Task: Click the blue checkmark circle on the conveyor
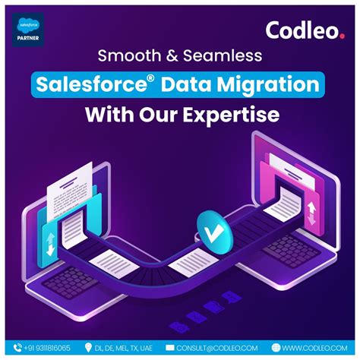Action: [x=207, y=228]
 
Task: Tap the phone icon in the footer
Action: [x=14, y=348]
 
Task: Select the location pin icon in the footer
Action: [x=99, y=348]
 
